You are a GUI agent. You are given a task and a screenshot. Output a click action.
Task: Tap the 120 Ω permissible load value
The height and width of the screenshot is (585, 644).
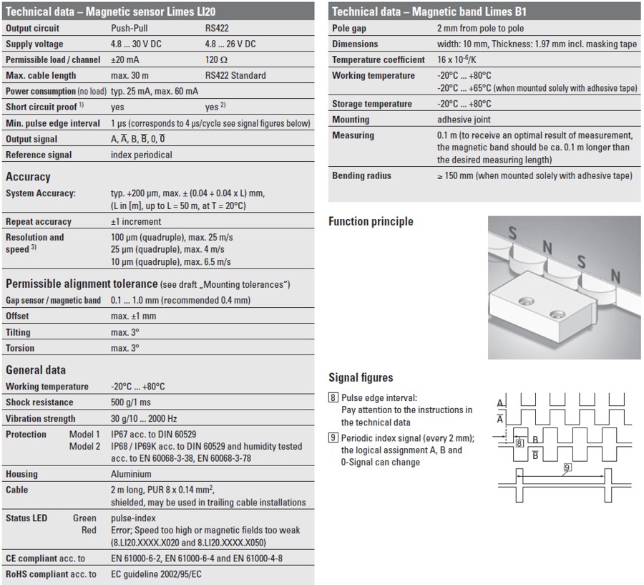(217, 59)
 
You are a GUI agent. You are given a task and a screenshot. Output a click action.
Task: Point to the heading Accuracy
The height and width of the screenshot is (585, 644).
(28, 176)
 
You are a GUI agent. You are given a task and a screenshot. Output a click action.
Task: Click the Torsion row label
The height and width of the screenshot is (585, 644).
(20, 348)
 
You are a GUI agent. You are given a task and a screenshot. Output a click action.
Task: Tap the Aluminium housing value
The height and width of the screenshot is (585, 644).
(131, 474)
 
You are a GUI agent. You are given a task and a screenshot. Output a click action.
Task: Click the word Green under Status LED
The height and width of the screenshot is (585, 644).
(84, 518)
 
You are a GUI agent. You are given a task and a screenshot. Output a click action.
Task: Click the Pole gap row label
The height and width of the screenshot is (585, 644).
(352, 28)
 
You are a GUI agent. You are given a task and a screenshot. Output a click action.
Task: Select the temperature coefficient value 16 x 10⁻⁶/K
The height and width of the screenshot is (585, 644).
(464, 59)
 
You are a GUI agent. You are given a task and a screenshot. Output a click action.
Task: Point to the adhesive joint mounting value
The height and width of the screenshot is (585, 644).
(464, 120)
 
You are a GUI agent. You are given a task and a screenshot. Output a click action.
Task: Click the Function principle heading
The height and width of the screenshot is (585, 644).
(371, 221)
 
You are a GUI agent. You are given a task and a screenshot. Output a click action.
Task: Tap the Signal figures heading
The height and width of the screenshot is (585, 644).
(361, 377)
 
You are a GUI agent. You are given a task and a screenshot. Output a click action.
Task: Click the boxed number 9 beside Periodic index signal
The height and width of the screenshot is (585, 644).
(333, 438)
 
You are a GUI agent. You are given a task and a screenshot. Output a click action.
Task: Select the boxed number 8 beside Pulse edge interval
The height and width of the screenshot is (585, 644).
(333, 397)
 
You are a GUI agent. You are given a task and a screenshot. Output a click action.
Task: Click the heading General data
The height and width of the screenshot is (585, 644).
(36, 369)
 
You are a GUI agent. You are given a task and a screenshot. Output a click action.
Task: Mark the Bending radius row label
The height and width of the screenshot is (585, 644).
(362, 175)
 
